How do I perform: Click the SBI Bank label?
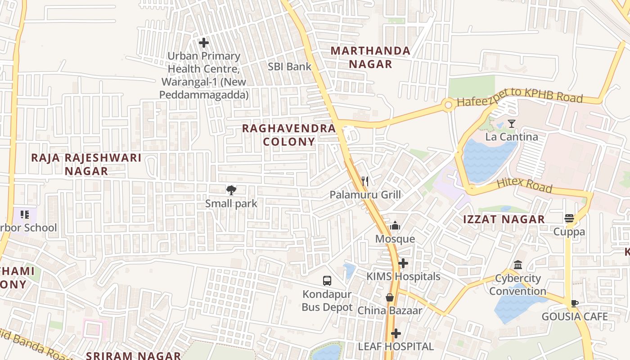[x=289, y=67]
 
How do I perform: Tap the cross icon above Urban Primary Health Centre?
[x=204, y=43]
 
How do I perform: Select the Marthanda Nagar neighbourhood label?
[x=370, y=57]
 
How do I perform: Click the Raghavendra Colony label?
[x=289, y=135]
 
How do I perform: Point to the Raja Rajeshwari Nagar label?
[x=86, y=164]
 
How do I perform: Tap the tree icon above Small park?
[x=231, y=190]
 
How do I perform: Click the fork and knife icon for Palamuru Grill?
[x=365, y=181]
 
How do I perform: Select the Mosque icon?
[x=395, y=225]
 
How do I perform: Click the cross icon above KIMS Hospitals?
[x=403, y=263]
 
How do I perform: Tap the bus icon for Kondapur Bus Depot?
[x=327, y=281]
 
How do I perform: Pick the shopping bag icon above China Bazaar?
[x=390, y=297]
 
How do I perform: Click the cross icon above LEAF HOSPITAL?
[x=396, y=333]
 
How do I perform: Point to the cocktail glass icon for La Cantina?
[x=512, y=123]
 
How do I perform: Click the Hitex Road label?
[x=524, y=185]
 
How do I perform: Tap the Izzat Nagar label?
[x=504, y=220]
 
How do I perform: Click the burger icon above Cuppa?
[x=569, y=219]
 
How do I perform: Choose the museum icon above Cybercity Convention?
[x=518, y=265]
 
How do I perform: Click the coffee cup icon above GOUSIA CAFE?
[x=574, y=303]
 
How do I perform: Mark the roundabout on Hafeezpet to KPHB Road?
[x=448, y=105]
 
